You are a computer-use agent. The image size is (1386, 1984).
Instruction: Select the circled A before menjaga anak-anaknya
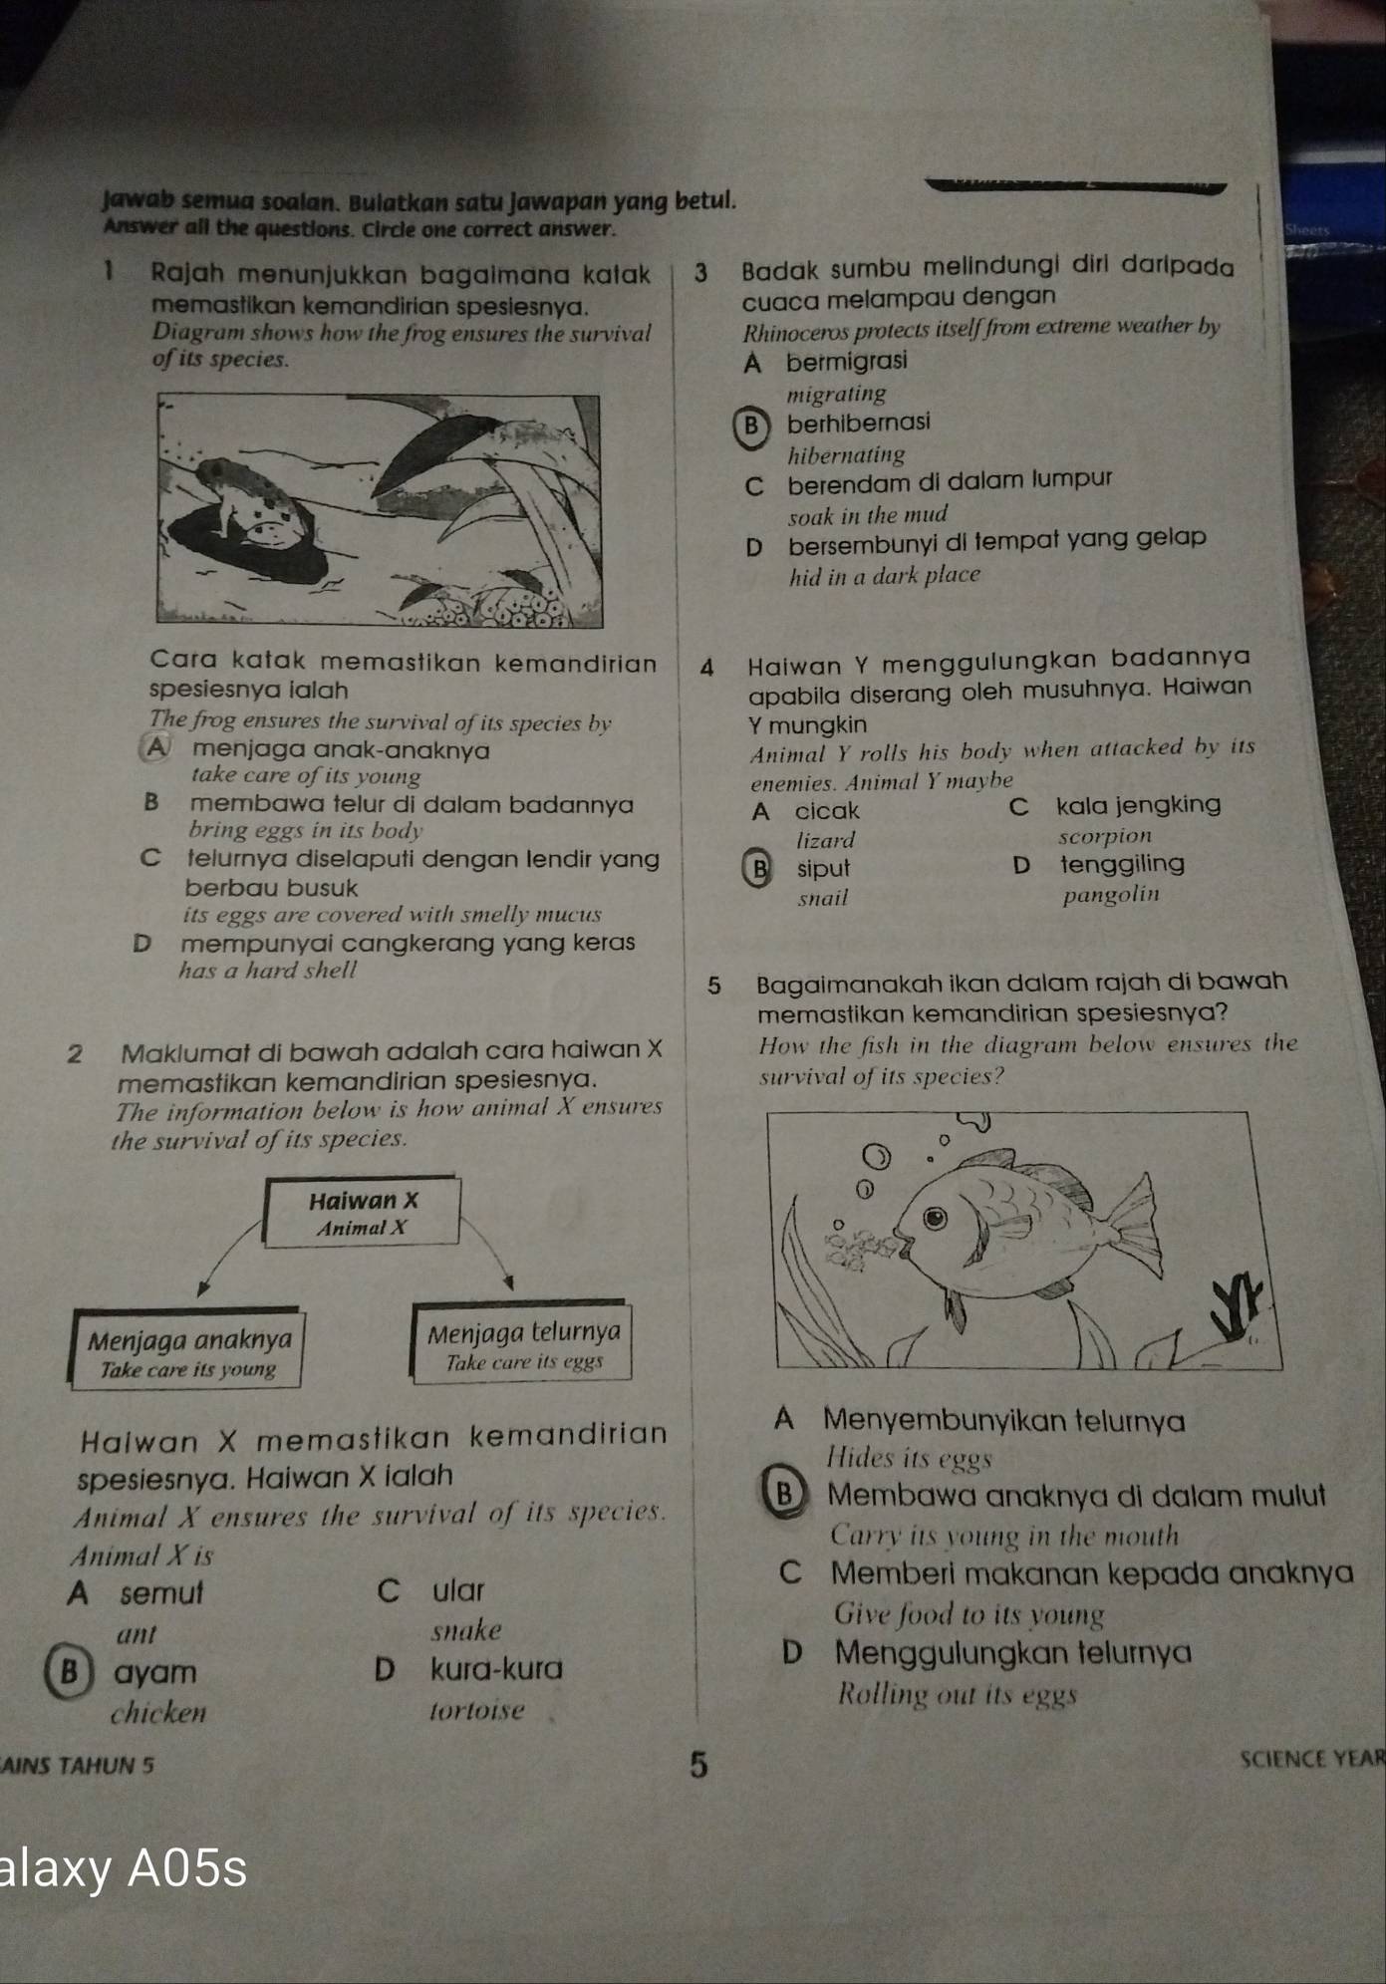[x=156, y=748]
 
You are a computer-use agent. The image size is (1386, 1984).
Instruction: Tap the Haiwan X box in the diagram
[x=362, y=1213]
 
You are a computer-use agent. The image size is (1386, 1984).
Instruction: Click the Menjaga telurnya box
[x=523, y=1344]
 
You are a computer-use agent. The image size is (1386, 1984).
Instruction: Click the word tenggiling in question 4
[x=1122, y=864]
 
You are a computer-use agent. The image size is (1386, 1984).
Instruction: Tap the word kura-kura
[x=496, y=1668]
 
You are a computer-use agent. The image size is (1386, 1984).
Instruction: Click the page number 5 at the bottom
[x=699, y=1765]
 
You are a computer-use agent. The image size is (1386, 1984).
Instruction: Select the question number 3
[x=700, y=272]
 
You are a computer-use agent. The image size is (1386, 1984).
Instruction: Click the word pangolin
[x=1111, y=894]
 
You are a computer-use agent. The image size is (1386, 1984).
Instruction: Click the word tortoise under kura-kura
[x=476, y=1711]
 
